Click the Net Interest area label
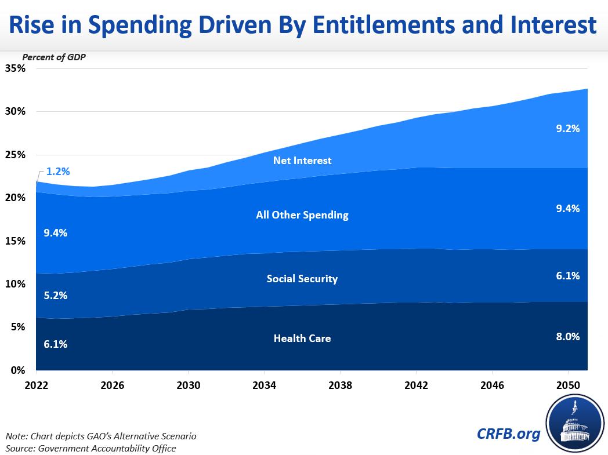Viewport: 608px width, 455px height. click(302, 160)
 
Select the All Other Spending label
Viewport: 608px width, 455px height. click(302, 215)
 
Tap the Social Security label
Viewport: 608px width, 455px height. click(302, 279)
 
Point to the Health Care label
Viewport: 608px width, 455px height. click(302, 338)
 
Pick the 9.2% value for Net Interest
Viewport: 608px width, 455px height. click(568, 129)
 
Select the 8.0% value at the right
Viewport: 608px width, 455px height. click(568, 336)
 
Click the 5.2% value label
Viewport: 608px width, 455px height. click(56, 295)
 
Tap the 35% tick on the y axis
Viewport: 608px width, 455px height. click(16, 68)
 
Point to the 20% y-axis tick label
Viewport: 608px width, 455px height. click(16, 198)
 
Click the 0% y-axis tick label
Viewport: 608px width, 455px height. click(19, 370)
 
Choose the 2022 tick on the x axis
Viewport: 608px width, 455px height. click(36, 385)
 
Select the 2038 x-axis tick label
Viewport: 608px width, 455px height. click(340, 385)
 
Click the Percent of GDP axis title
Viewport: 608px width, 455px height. click(50, 57)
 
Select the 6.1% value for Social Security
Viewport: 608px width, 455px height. click(568, 276)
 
